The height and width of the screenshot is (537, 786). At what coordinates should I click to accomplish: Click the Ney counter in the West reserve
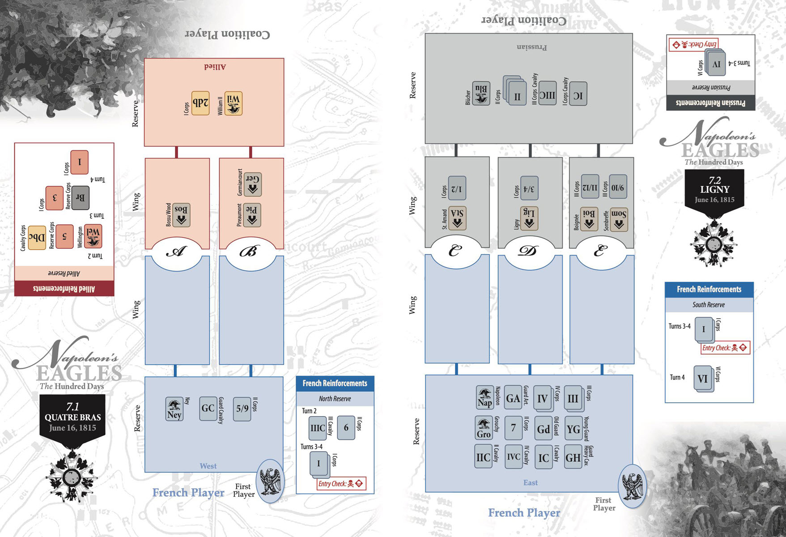coord(174,409)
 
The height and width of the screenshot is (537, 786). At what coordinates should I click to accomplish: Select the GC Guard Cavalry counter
coord(208,408)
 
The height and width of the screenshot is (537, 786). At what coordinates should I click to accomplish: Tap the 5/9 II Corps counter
coord(242,408)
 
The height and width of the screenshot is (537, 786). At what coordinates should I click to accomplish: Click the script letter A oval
coord(177,251)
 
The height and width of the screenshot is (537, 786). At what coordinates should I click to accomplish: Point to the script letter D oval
coord(528,251)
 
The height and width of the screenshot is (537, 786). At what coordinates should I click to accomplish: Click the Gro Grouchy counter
coord(484,428)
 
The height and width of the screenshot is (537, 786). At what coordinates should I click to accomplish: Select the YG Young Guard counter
coord(573,429)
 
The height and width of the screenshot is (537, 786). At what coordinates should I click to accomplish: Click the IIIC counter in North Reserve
coord(318,428)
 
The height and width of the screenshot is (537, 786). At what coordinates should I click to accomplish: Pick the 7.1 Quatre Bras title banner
coord(72,416)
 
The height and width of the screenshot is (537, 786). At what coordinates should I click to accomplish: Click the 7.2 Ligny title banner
coord(714,189)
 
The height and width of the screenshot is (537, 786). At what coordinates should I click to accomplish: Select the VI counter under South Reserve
coord(703,379)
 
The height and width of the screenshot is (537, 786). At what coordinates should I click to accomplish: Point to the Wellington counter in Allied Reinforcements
coord(93,236)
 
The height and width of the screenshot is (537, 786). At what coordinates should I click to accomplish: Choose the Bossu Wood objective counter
coord(181,214)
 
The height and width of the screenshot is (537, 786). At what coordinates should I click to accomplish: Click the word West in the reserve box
coord(208,466)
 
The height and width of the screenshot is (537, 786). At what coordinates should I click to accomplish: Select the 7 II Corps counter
coord(513,428)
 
